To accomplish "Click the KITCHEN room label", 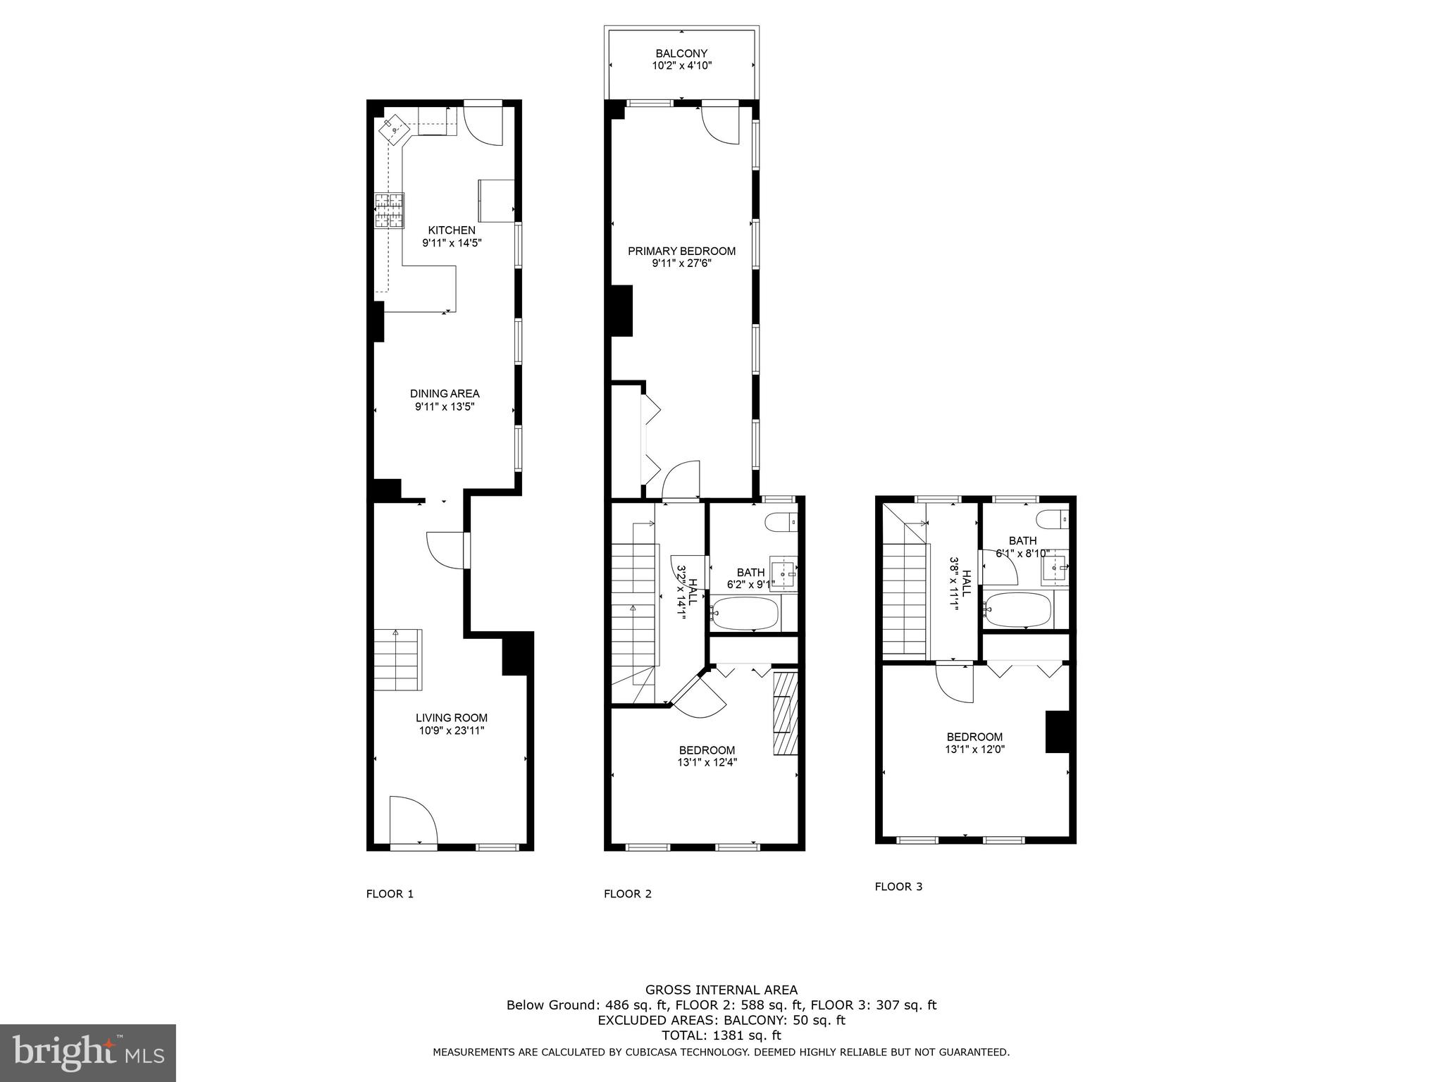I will pyautogui.click(x=452, y=230).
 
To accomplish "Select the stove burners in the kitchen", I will pyautogui.click(x=390, y=211).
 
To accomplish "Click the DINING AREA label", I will pyautogui.click(x=445, y=394).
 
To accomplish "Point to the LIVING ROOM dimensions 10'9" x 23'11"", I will pyautogui.click(x=451, y=731).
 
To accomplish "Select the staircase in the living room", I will pyautogui.click(x=397, y=660).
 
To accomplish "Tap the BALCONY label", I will pyautogui.click(x=681, y=54).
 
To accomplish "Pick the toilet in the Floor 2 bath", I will pyautogui.click(x=782, y=523).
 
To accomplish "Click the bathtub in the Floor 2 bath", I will pyautogui.click(x=745, y=614).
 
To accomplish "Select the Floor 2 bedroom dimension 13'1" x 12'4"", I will pyautogui.click(x=706, y=762).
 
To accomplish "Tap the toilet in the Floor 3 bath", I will pyautogui.click(x=1053, y=518).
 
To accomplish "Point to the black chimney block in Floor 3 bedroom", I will pyautogui.click(x=1057, y=732).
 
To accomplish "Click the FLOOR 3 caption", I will pyautogui.click(x=898, y=887).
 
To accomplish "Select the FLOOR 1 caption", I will pyautogui.click(x=390, y=894).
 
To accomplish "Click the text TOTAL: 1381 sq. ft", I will pyautogui.click(x=721, y=1036).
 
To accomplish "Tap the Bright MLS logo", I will pyautogui.click(x=88, y=1052).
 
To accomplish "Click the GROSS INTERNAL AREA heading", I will pyautogui.click(x=721, y=990).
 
